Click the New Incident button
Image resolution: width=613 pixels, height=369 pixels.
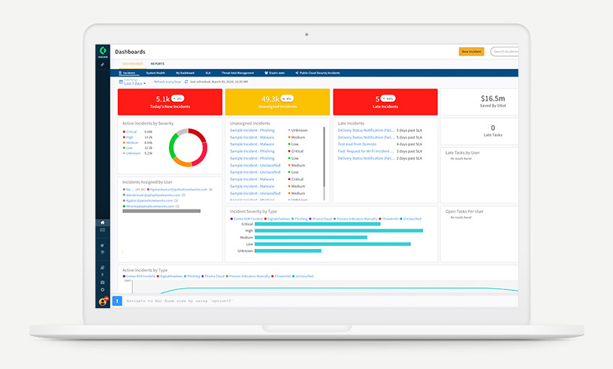coord(471,52)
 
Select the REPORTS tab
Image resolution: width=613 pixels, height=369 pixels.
coord(157,64)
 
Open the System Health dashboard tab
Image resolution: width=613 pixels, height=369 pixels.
coord(156,73)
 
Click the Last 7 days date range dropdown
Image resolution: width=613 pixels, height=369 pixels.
coord(134,83)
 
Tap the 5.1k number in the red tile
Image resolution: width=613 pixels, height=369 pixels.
coord(162,98)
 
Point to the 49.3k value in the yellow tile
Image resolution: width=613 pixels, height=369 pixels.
coord(270,98)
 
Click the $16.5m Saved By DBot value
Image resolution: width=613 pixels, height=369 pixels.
coord(492,97)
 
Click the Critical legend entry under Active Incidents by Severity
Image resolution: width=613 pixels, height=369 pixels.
coord(131,131)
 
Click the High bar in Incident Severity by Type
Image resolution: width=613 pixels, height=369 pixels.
coord(338,230)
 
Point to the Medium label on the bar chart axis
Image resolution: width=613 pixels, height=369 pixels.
coord(246,237)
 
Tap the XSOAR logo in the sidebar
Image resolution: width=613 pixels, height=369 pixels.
coord(103,51)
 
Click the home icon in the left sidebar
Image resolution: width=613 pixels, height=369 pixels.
coord(103,223)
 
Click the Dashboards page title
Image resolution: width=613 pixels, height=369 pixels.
coord(130,51)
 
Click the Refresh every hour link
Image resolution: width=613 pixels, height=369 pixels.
coord(167,81)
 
